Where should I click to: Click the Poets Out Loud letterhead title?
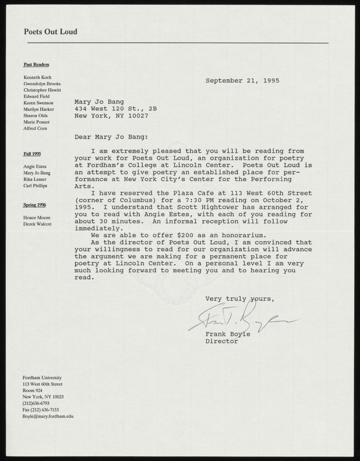point(51,32)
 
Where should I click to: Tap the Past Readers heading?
point(36,65)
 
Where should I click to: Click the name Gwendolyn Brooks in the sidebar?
point(43,84)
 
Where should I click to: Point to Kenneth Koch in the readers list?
point(38,77)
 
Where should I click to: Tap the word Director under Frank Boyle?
point(222,341)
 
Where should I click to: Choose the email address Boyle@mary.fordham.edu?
point(48,415)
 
